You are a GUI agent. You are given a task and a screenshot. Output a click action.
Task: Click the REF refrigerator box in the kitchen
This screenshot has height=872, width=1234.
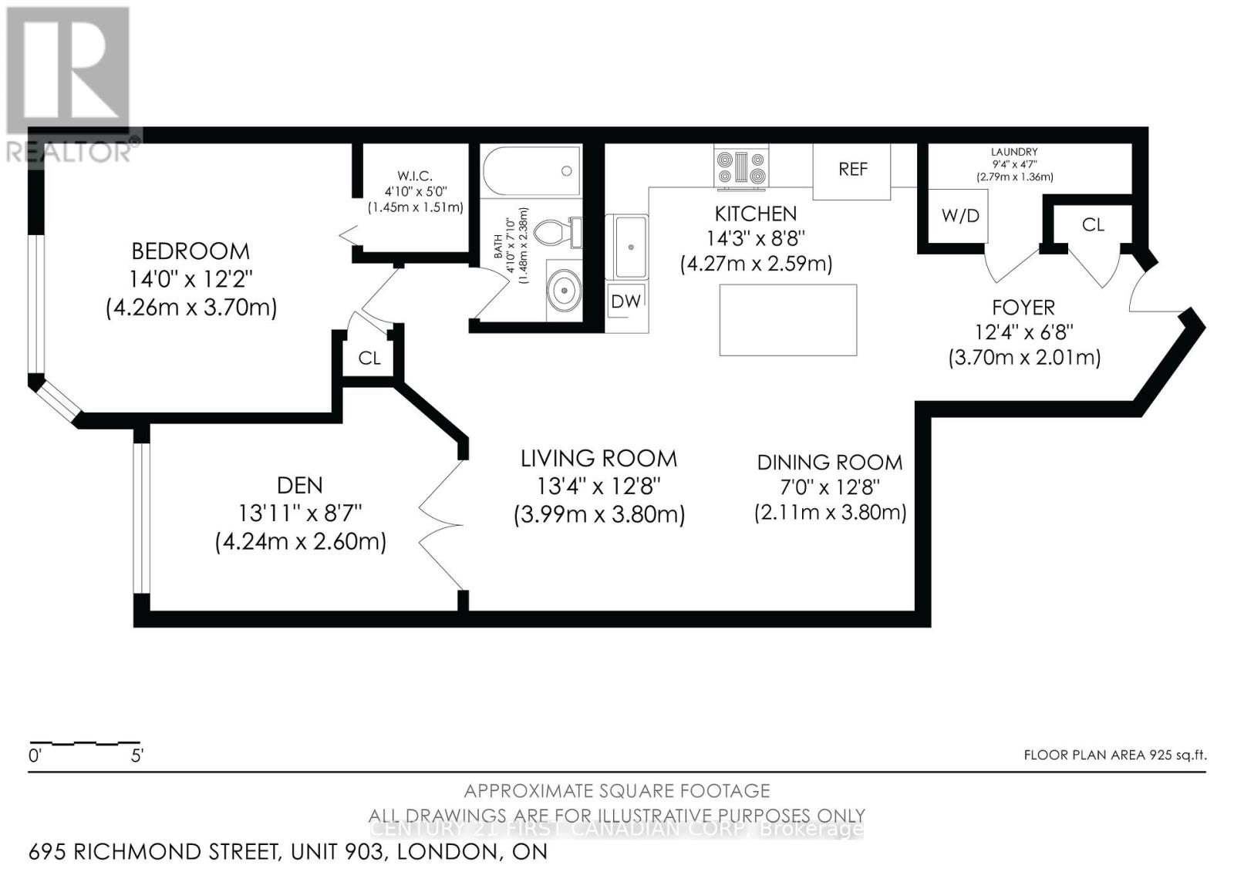[x=851, y=170]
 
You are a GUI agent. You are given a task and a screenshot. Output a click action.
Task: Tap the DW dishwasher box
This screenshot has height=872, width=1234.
[x=625, y=302]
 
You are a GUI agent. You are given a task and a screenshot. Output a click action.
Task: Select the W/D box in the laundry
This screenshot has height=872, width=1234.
[x=959, y=216]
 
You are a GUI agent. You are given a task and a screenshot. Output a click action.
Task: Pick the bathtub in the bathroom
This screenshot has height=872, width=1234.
[x=531, y=171]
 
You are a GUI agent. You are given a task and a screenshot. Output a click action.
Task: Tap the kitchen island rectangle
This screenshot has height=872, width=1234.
[x=787, y=320]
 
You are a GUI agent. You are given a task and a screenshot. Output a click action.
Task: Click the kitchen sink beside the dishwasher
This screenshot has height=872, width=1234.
[x=631, y=247]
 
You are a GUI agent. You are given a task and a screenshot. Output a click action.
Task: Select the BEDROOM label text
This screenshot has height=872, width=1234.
[x=190, y=251]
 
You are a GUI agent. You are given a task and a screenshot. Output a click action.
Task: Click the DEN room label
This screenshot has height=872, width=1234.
[x=300, y=485]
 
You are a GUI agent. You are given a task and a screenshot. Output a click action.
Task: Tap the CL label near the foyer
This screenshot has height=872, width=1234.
[x=1093, y=224]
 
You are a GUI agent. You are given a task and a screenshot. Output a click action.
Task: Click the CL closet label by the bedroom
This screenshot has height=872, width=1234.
[x=369, y=358]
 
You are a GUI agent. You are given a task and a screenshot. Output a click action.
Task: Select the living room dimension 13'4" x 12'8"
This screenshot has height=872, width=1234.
[x=599, y=487]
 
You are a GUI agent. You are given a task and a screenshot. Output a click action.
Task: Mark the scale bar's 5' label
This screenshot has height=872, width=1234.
[x=137, y=756]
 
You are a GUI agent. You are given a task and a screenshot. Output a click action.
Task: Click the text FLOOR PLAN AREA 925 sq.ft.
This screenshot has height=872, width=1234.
[x=1114, y=755]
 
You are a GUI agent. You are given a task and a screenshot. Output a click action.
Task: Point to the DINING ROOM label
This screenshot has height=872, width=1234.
[x=829, y=463]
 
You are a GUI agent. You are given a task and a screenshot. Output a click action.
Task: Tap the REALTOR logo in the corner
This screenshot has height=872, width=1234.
[x=69, y=85]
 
